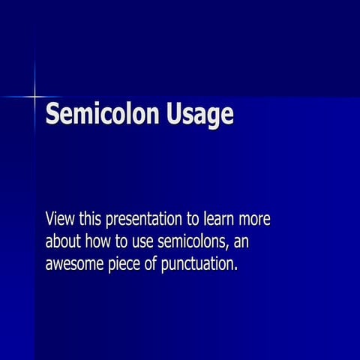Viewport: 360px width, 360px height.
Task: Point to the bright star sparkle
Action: pyautogui.click(x=34, y=97)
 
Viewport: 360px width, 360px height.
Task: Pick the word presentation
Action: pyautogui.click(x=144, y=220)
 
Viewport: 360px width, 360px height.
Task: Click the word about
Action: pyautogui.click(x=63, y=242)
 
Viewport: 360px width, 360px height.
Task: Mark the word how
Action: pyautogui.click(x=100, y=242)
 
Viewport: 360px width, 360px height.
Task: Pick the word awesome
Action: pyautogui.click(x=73, y=265)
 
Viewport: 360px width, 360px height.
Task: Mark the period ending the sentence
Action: pyautogui.click(x=235, y=270)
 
